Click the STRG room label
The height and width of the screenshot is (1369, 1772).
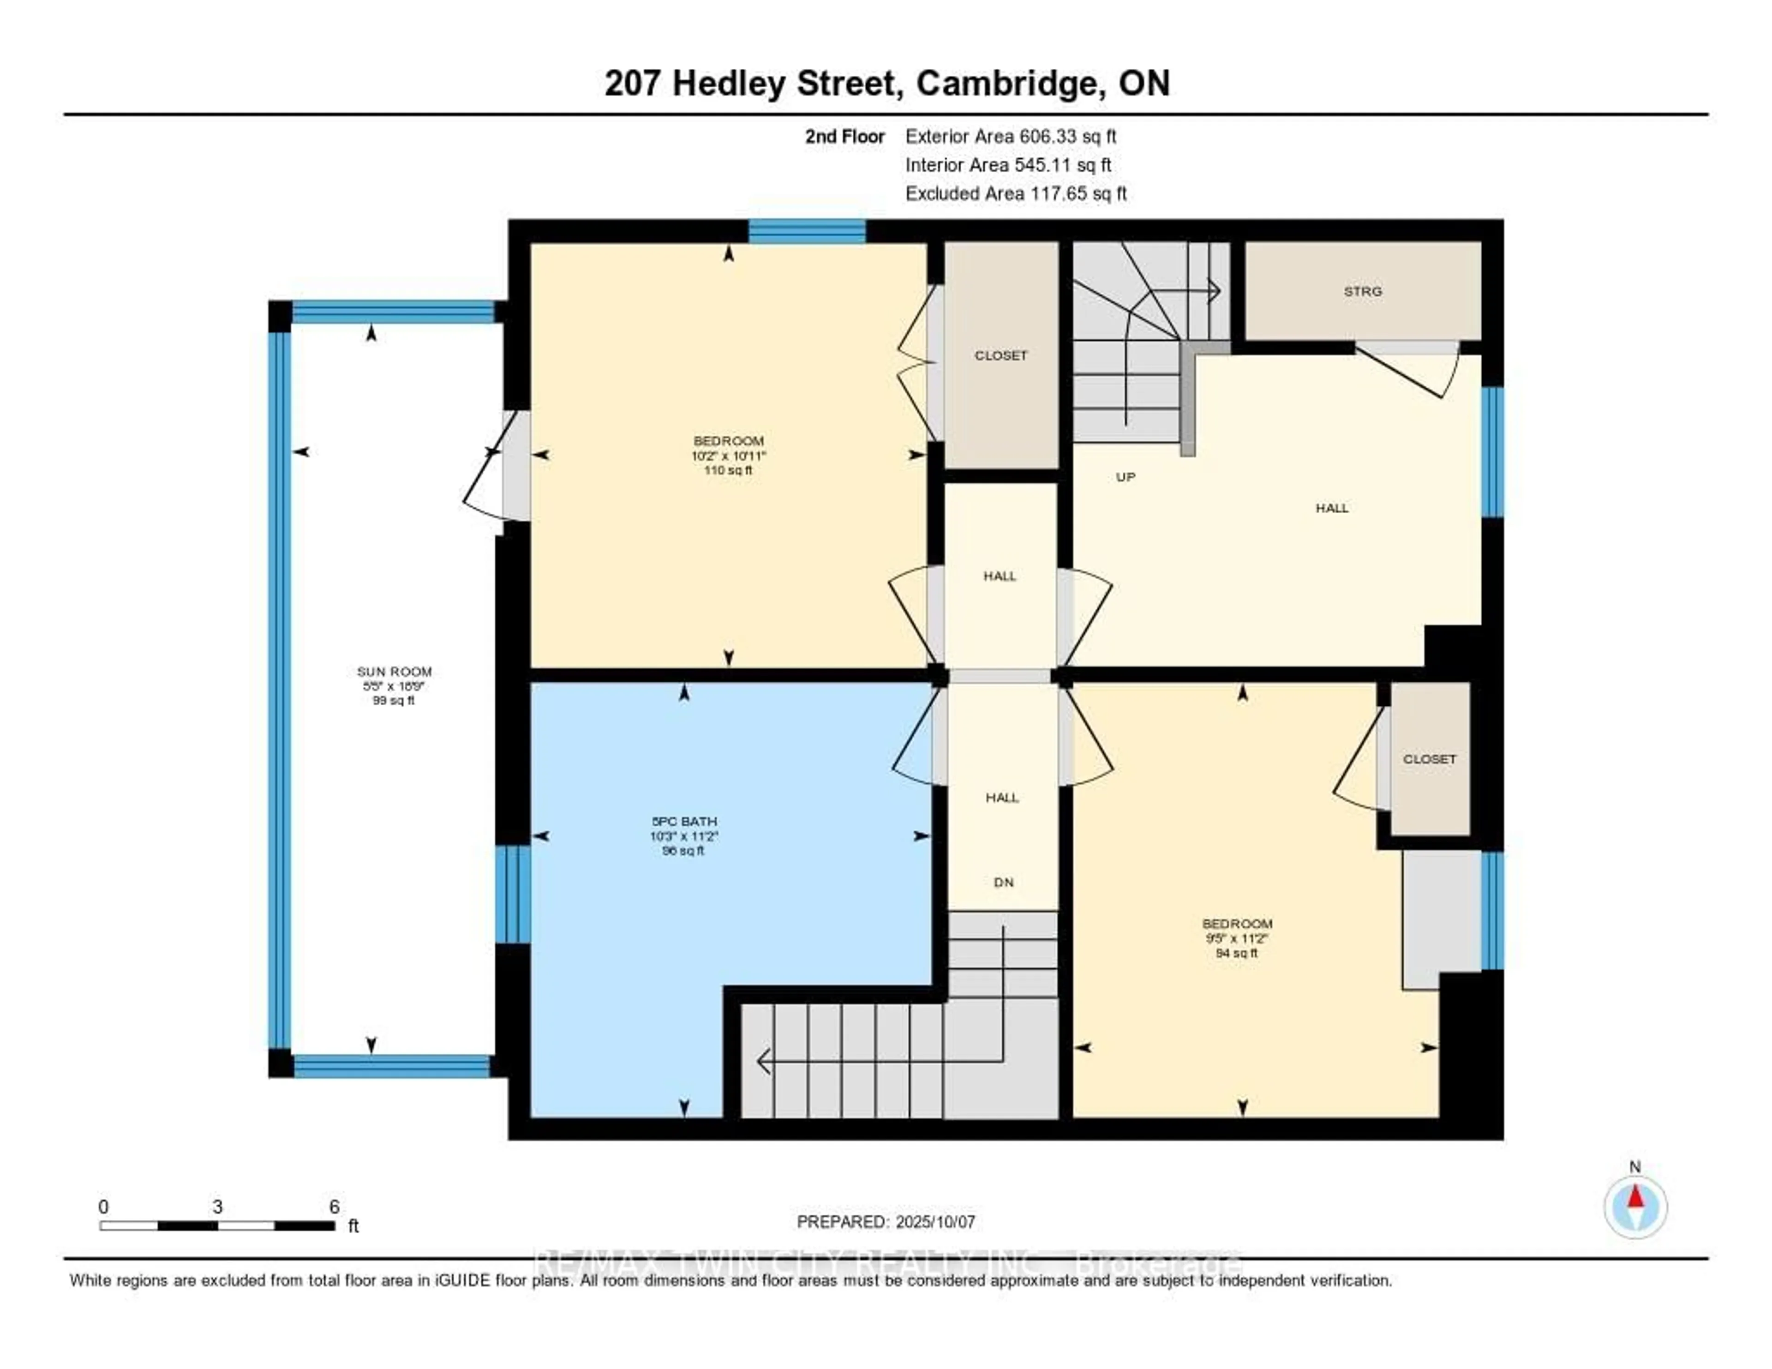(1362, 291)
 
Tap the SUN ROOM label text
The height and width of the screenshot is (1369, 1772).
(395, 672)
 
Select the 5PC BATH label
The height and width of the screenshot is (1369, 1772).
(683, 821)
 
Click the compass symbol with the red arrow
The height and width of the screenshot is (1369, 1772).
(1635, 1207)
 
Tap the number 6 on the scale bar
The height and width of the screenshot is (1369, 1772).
(334, 1207)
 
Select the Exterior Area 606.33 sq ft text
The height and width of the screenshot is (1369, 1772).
(1011, 136)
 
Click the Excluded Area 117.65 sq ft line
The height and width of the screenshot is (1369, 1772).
(1016, 193)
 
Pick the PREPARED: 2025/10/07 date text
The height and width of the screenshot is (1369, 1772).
(885, 1221)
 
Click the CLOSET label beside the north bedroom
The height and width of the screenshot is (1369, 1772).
(1000, 355)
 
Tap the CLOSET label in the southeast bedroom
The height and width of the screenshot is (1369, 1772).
(1430, 759)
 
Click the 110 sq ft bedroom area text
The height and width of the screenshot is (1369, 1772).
(728, 470)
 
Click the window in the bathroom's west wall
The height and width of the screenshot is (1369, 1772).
(513, 894)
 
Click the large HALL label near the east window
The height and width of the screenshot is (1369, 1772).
(1331, 508)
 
